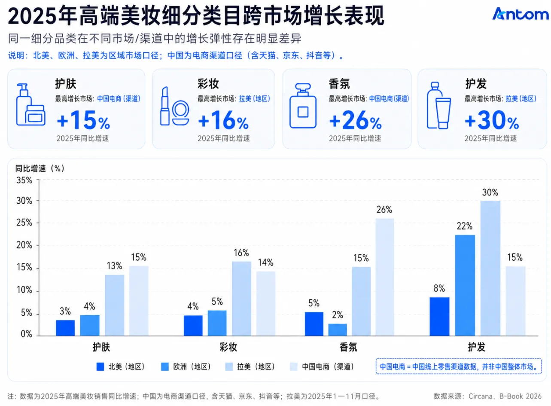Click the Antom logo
(x=520, y=14)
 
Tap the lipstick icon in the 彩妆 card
(x=164, y=106)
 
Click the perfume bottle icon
(x=303, y=106)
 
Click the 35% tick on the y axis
(x=24, y=180)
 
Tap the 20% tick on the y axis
(x=24, y=245)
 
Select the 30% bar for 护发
(x=490, y=268)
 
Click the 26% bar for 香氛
(x=385, y=277)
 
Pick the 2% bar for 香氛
(x=338, y=330)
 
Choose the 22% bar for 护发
(x=465, y=285)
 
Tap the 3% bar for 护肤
(x=65, y=328)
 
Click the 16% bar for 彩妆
(x=241, y=299)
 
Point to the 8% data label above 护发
(x=439, y=288)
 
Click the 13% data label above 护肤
(x=114, y=266)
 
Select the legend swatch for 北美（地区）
(x=100, y=366)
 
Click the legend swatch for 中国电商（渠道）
(x=294, y=366)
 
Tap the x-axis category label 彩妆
(x=228, y=347)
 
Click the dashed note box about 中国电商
(x=459, y=366)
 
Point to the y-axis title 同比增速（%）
(x=40, y=168)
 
